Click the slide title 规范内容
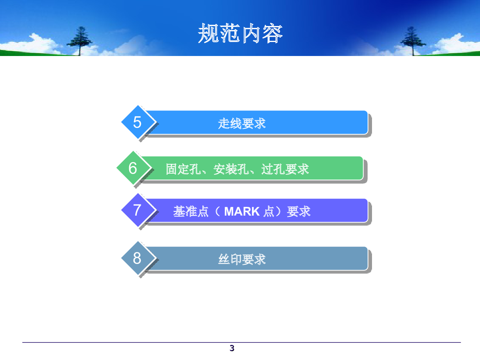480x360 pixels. (240, 34)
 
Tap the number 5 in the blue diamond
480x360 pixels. (137, 122)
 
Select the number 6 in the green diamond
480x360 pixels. (133, 168)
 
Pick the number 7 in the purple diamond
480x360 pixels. (137, 210)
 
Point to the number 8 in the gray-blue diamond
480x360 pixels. (137, 258)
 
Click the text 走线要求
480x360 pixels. (242, 124)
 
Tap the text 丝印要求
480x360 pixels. (242, 260)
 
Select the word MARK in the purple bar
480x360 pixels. (242, 212)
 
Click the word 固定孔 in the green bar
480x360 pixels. (183, 169)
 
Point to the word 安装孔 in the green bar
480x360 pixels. (231, 169)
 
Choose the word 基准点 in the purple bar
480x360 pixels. (191, 212)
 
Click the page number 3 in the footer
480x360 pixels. (232, 348)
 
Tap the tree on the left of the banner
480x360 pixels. (80, 41)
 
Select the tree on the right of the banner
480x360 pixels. (413, 41)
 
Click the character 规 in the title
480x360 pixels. (208, 34)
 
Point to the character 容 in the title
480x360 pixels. (272, 34)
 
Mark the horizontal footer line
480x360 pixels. (242, 342)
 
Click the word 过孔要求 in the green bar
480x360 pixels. (285, 169)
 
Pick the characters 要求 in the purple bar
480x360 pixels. (299, 212)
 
